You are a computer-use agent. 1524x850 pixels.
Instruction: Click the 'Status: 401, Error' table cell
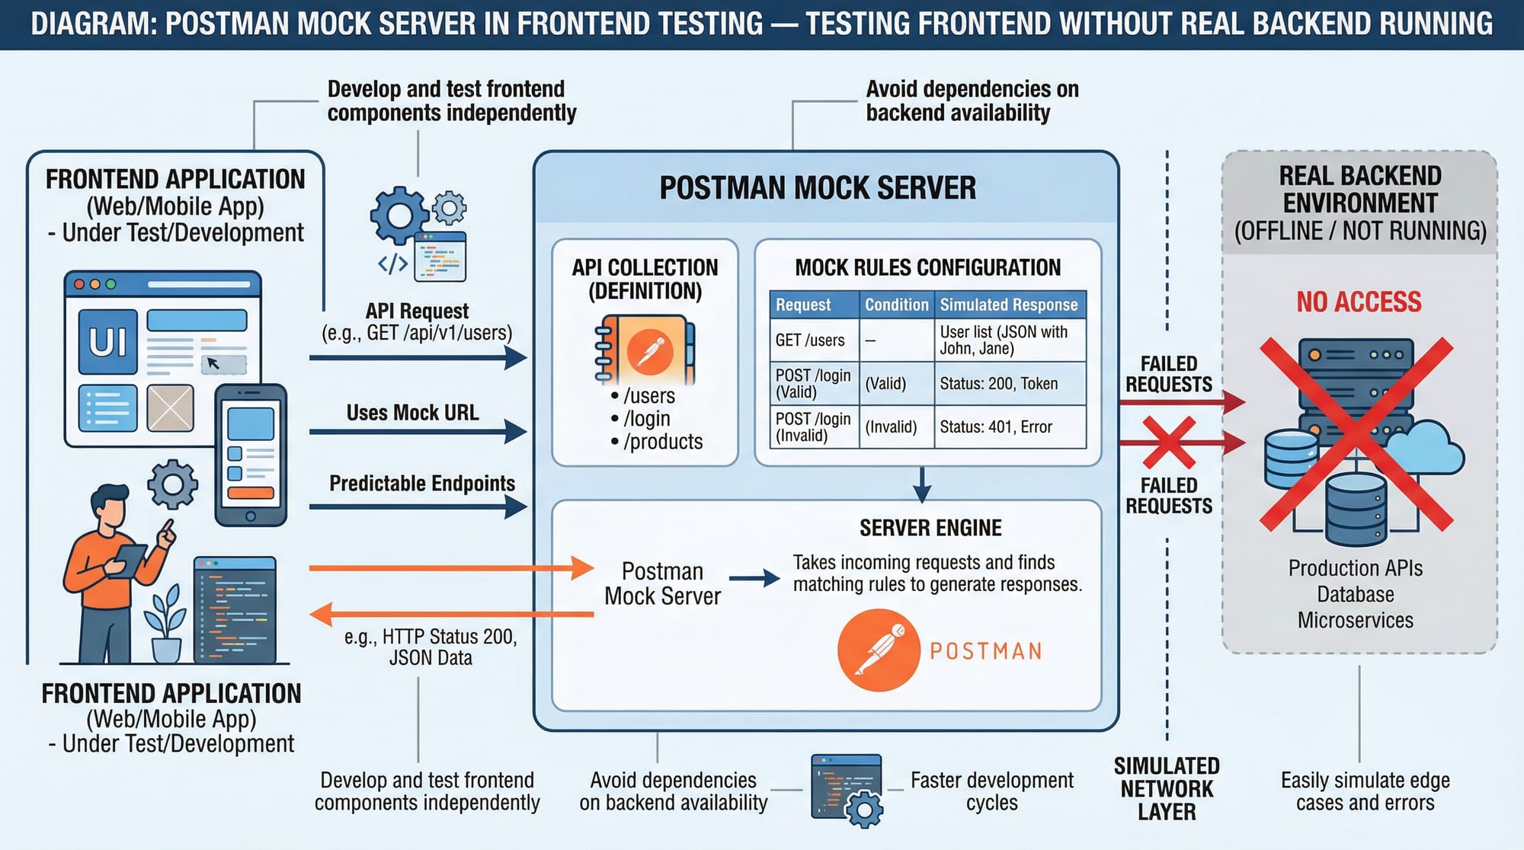click(x=996, y=427)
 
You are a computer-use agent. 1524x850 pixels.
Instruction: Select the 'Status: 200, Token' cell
click(x=998, y=384)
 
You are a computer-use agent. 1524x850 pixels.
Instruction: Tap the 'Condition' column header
click(x=896, y=305)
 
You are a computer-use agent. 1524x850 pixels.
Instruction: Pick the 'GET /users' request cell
click(x=810, y=340)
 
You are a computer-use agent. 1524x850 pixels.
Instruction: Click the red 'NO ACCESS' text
click(x=1359, y=302)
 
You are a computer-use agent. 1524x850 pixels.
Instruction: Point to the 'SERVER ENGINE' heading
click(x=930, y=528)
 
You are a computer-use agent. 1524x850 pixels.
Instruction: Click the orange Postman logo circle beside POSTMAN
click(x=879, y=650)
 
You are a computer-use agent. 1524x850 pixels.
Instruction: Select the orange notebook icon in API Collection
click(x=645, y=350)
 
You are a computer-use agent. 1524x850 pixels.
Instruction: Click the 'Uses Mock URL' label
click(x=412, y=413)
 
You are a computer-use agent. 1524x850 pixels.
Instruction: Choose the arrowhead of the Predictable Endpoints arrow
click(x=517, y=506)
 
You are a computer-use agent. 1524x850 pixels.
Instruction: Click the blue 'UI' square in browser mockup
click(x=107, y=342)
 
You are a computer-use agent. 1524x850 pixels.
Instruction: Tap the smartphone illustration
click(x=251, y=455)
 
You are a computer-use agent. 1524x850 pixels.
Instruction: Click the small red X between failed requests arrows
click(x=1169, y=443)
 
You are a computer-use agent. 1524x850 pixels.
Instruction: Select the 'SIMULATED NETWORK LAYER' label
click(x=1167, y=789)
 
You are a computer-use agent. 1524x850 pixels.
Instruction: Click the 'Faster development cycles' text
click(x=991, y=791)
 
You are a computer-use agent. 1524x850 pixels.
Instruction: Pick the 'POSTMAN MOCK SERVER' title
click(x=818, y=188)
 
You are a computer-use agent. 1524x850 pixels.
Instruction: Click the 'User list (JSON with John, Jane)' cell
click(x=1003, y=340)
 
